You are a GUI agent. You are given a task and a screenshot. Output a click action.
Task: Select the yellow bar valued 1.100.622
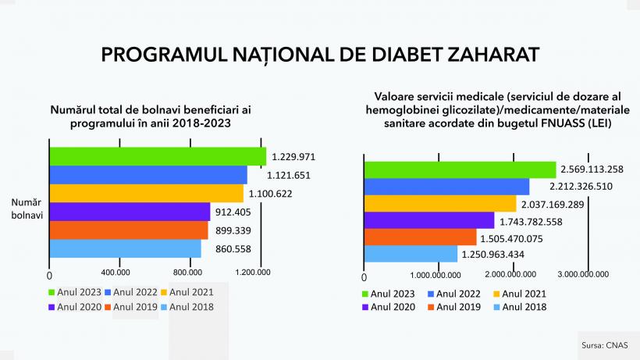(x=147, y=193)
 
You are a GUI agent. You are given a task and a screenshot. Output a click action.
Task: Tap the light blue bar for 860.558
(x=125, y=248)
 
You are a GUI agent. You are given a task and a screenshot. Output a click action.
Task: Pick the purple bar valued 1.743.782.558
(x=429, y=220)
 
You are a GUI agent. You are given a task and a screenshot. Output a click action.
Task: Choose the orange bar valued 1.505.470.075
(x=420, y=237)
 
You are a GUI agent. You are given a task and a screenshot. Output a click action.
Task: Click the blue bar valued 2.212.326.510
(x=446, y=187)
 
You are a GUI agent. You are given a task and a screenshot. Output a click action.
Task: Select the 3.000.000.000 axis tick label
(x=585, y=274)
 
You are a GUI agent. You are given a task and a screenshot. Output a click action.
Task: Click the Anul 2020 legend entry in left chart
(x=74, y=307)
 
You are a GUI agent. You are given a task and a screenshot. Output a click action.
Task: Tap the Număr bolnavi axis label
(x=27, y=209)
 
